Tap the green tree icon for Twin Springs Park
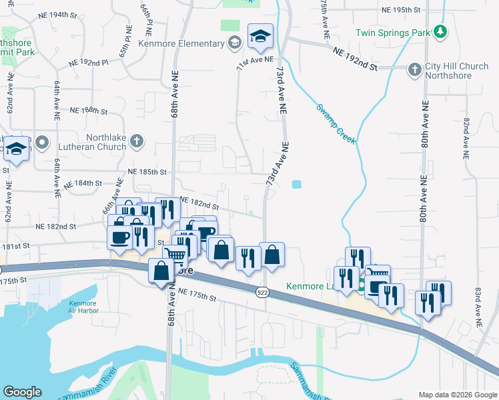(440, 31)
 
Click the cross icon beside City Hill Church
(414, 68)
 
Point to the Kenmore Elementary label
(182, 44)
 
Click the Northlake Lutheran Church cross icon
(136, 141)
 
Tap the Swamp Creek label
(336, 124)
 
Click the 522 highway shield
(262, 293)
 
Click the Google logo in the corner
(22, 392)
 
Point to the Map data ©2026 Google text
(457, 395)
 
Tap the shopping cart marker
(175, 254)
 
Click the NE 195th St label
(402, 10)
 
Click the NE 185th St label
(146, 172)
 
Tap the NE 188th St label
(88, 111)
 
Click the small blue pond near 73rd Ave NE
(296, 184)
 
